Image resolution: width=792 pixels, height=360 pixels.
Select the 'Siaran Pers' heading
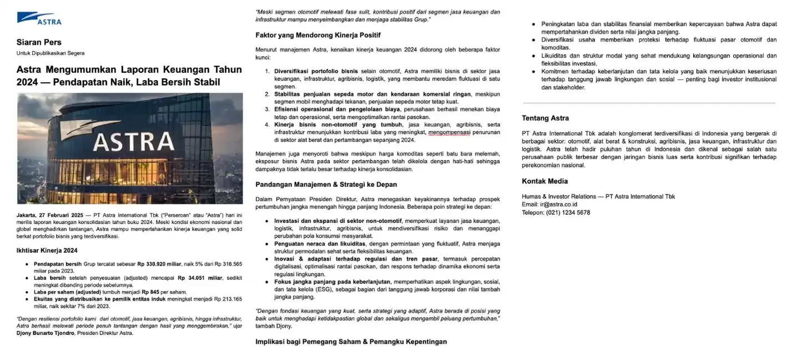(x=39, y=42)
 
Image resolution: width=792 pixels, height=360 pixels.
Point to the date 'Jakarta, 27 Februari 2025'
(x=49, y=214)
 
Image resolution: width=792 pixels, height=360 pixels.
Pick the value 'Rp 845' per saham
(x=152, y=292)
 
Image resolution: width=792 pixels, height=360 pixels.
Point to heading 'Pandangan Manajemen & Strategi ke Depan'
(x=326, y=184)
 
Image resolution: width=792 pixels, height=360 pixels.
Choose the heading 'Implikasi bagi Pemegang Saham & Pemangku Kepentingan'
(x=351, y=342)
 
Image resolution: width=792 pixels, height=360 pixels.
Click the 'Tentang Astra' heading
(x=545, y=118)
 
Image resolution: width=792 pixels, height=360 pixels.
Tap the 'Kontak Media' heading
(x=544, y=181)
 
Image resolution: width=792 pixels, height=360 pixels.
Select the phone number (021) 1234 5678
(x=568, y=212)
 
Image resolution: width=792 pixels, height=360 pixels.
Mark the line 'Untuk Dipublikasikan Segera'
(x=51, y=53)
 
